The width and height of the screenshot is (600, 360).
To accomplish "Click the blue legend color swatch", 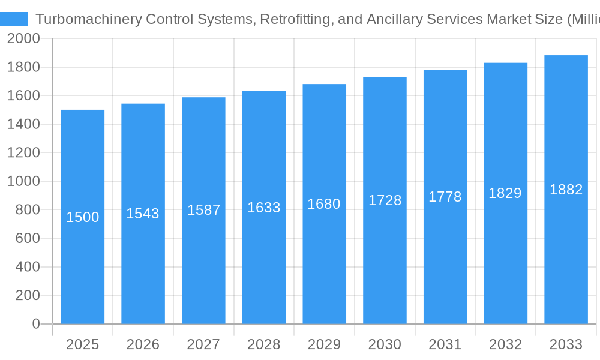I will point(14,19).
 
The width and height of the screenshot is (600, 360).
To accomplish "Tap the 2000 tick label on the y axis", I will point(23,39).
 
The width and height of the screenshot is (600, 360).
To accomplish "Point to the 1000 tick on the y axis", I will point(23,181).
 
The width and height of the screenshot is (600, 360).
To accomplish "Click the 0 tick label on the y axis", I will point(35,324).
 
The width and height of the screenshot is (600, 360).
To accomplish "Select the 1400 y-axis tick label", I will point(23,124).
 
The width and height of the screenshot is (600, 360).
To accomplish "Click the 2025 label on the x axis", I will point(82,344).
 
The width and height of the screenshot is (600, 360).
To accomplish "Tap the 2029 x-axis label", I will point(324,344).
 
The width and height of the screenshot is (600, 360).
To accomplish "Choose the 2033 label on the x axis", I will point(566,344).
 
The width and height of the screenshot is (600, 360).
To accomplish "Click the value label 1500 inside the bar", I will point(82,217).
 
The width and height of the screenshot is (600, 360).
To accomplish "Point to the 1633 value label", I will point(264,208).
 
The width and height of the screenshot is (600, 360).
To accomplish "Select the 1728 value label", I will point(385,200).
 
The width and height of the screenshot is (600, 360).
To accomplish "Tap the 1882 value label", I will point(566,190).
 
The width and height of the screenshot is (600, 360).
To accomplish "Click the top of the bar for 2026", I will point(143,104).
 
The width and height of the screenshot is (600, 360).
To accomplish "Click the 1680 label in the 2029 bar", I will point(324,204).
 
